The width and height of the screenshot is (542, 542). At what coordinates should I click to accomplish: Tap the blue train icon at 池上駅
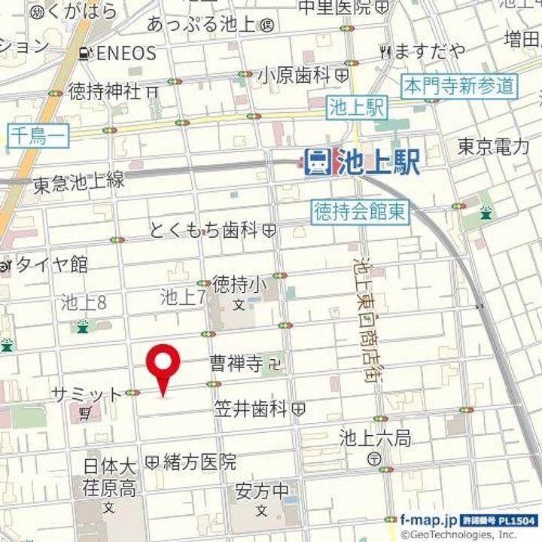pyautogui.click(x=317, y=160)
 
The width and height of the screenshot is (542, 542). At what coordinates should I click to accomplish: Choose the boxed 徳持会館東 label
pyautogui.click(x=360, y=212)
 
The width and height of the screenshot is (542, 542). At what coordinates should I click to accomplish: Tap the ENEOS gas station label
pyautogui.click(x=124, y=53)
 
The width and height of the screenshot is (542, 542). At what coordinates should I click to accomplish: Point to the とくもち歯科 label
pyautogui.click(x=205, y=230)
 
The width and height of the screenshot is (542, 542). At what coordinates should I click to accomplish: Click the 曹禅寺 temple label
pyautogui.click(x=236, y=365)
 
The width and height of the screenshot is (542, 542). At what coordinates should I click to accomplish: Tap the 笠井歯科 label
pyautogui.click(x=250, y=410)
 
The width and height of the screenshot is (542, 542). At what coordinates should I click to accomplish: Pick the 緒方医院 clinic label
pyautogui.click(x=199, y=461)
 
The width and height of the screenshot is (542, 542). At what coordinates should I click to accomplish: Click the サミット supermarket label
pyautogui.click(x=87, y=394)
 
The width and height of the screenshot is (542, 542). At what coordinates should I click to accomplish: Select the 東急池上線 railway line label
pyautogui.click(x=78, y=181)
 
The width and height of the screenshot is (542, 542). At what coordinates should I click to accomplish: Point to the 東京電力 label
pyautogui.click(x=494, y=147)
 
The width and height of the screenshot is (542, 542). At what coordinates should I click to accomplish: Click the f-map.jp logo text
pyautogui.click(x=428, y=520)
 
